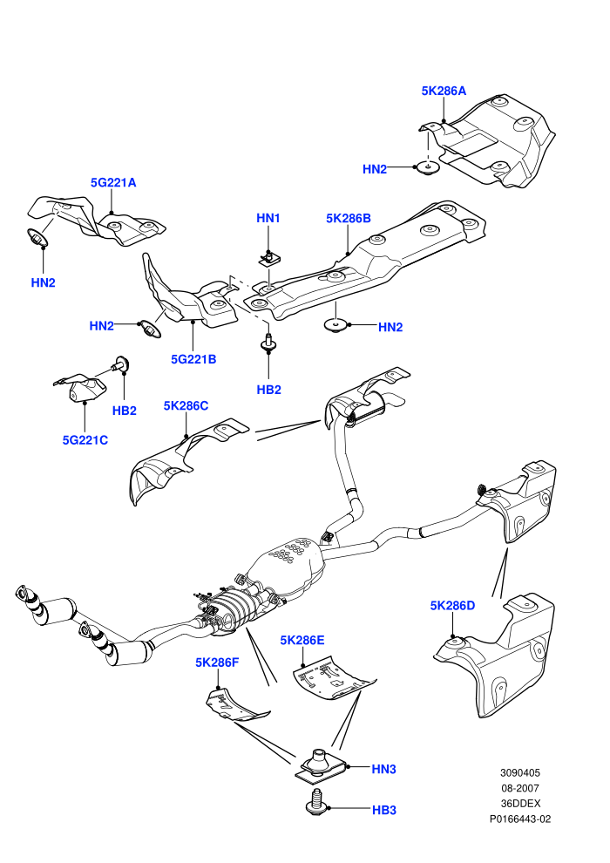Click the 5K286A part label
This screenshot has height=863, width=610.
click(x=444, y=91)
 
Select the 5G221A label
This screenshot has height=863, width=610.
click(x=113, y=183)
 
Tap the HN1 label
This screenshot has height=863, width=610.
click(x=268, y=218)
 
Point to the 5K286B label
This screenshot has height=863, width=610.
click(x=349, y=218)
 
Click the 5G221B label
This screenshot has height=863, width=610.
click(x=193, y=359)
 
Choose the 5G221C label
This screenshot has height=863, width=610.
click(x=85, y=440)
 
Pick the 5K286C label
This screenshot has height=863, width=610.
click(x=186, y=406)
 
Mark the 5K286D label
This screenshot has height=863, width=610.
click(x=452, y=606)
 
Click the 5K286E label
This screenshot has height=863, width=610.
click(x=302, y=640)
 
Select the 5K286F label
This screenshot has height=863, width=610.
click(x=217, y=663)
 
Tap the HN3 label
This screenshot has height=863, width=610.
click(x=384, y=770)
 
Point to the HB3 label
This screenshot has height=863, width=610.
click(x=384, y=810)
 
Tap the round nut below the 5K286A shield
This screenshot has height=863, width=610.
click(x=427, y=166)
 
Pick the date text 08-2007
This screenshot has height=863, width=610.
click(x=519, y=788)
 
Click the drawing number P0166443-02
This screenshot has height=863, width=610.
click(x=519, y=819)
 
